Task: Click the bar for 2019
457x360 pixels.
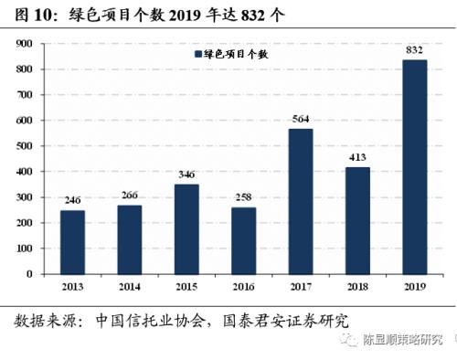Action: point(415,166)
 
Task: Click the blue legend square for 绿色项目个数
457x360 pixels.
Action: point(197,56)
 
